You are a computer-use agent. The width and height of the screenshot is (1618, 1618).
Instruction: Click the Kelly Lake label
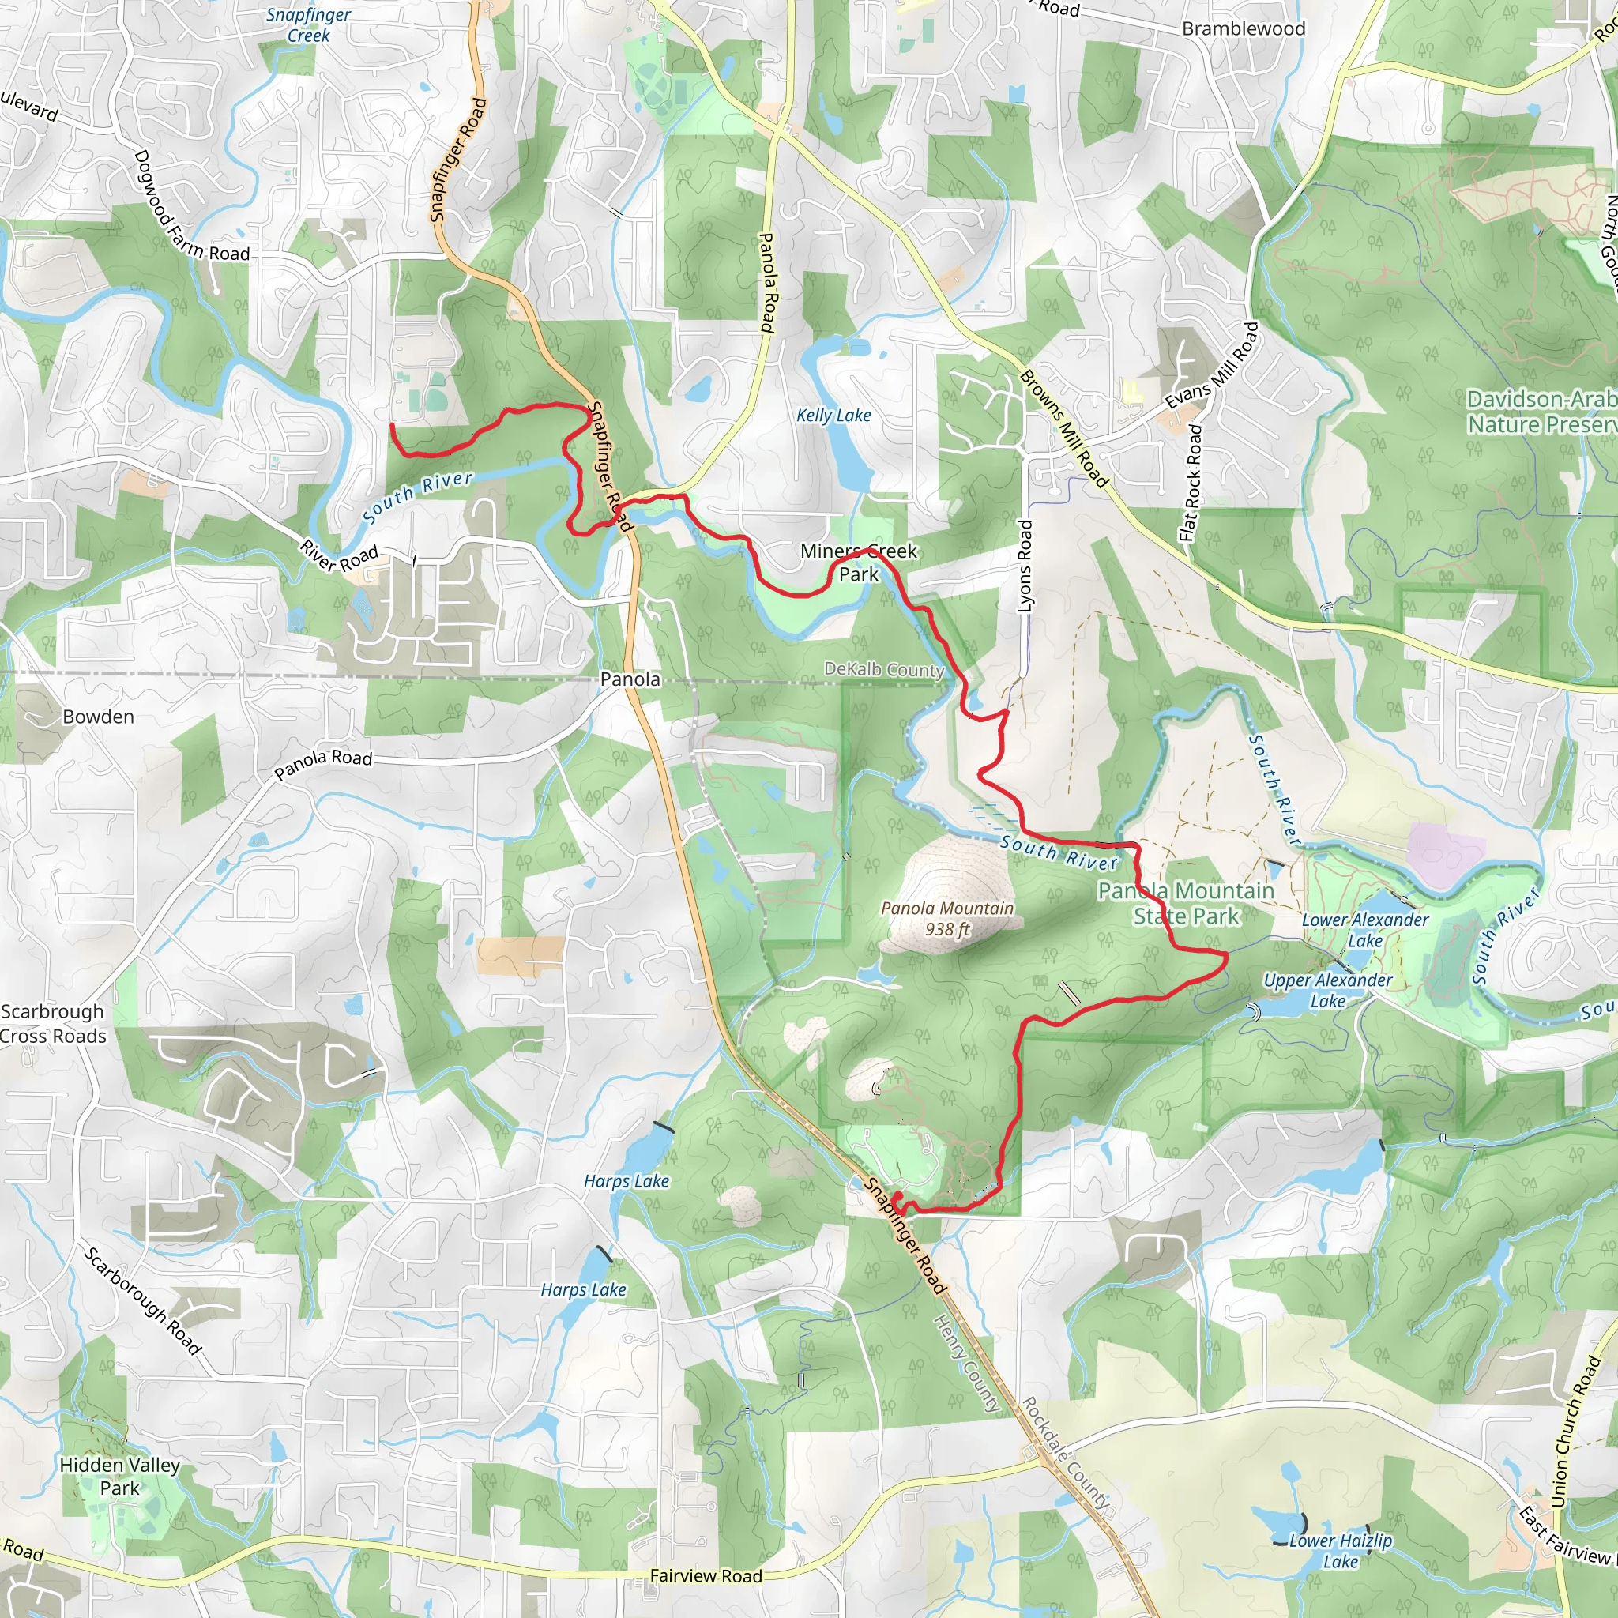point(833,416)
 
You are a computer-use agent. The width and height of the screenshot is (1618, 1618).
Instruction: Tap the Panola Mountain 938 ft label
point(947,919)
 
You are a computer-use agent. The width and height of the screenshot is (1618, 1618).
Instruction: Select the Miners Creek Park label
point(859,563)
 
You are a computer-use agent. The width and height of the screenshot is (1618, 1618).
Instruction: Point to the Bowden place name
point(98,717)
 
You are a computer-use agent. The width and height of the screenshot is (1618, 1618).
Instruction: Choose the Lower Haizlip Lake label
point(1340,1551)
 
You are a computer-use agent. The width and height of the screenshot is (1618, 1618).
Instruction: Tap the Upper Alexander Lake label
point(1327,991)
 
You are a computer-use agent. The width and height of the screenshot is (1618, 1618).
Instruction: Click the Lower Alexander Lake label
point(1365,931)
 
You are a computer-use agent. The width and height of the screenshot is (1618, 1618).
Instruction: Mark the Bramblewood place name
point(1244,28)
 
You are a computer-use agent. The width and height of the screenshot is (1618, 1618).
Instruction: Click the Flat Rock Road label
point(1191,484)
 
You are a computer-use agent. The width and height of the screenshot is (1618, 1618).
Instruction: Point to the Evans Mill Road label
point(1212,366)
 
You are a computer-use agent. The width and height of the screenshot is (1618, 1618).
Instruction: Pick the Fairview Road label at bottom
point(706,1576)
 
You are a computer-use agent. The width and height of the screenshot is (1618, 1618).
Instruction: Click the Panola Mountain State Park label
point(1186,904)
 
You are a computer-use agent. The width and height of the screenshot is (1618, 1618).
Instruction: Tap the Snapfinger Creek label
point(308,25)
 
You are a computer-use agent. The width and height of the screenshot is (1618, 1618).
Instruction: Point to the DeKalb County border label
point(884,669)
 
